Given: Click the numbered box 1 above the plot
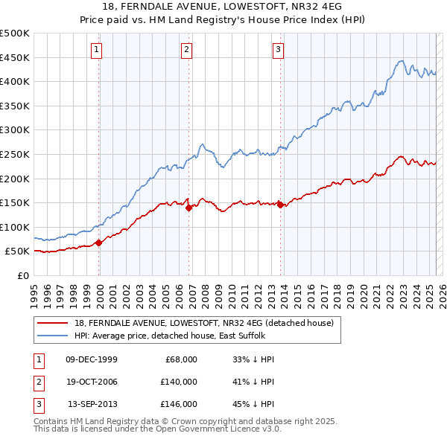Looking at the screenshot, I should point(98,50).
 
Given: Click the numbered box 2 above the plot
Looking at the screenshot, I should point(186,50).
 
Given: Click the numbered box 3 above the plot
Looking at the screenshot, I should point(277,50).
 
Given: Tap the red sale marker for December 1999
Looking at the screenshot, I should point(99,243).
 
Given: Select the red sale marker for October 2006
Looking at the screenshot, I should point(189,208).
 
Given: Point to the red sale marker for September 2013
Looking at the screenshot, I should point(280,205).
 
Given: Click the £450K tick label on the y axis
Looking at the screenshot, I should point(16,57).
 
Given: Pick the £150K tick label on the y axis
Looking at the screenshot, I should point(16,202).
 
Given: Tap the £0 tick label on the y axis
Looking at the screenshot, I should point(24,275).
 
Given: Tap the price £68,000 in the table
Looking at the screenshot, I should point(181,359).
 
